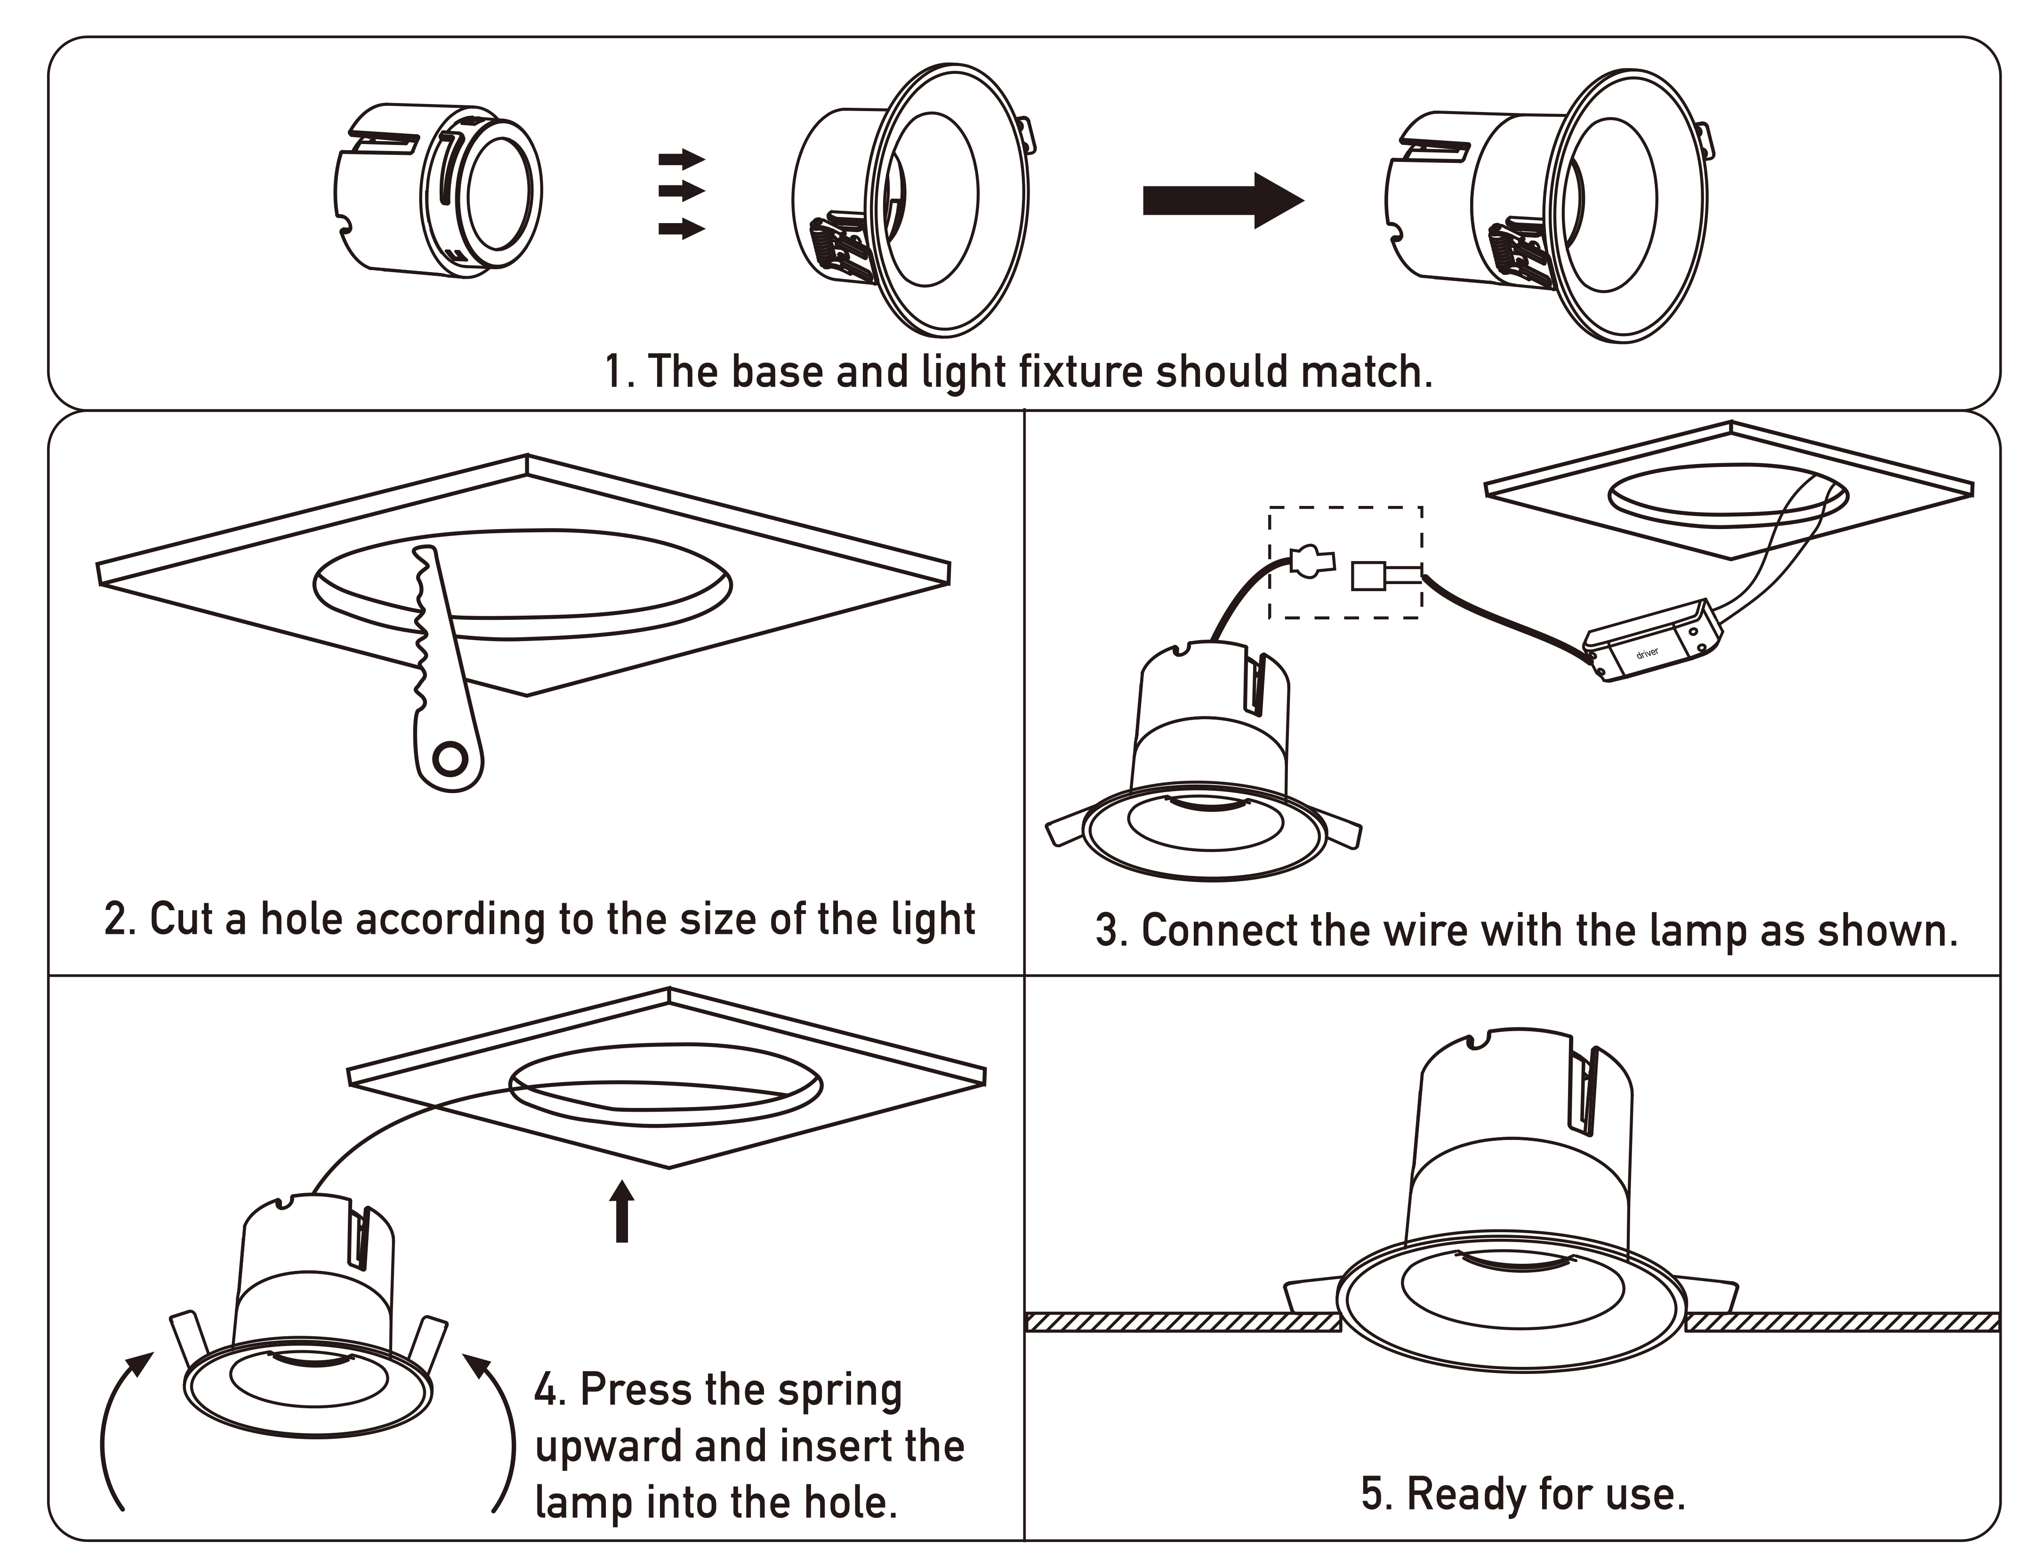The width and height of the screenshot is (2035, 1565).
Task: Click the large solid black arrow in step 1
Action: coord(1221,201)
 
